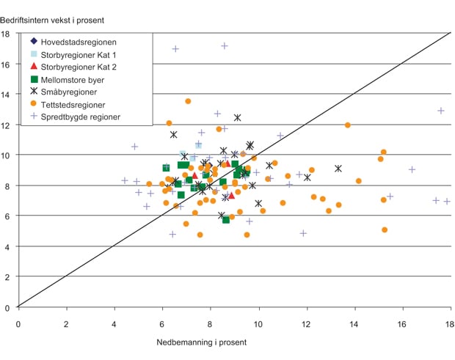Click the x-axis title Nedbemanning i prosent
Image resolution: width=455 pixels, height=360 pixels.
(200, 342)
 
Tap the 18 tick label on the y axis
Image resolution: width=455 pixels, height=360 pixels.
(6, 34)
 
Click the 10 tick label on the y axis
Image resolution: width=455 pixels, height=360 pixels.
(6, 155)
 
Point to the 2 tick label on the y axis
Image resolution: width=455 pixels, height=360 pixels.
(7, 276)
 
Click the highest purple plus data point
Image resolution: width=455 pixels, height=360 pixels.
(225, 45)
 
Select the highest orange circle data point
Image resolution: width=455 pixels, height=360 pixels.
(188, 101)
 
